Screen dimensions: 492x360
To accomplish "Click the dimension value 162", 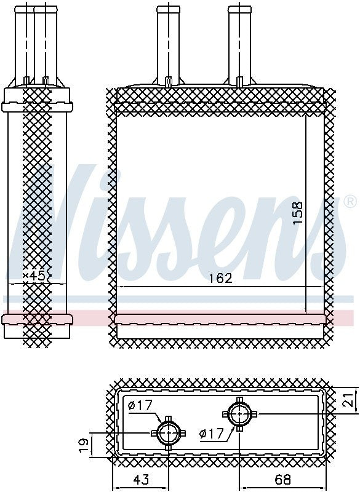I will [x=220, y=278].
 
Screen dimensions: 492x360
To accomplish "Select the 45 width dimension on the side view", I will [x=37, y=276].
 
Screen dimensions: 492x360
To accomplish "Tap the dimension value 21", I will [x=349, y=399].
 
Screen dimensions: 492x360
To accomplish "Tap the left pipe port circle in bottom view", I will [x=168, y=434].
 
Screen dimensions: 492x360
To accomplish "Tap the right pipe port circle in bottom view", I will [x=239, y=413].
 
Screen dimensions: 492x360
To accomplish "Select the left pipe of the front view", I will [x=167, y=43].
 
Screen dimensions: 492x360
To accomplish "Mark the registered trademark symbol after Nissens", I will [x=349, y=202].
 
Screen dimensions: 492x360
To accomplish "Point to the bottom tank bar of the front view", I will [x=220, y=319].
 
